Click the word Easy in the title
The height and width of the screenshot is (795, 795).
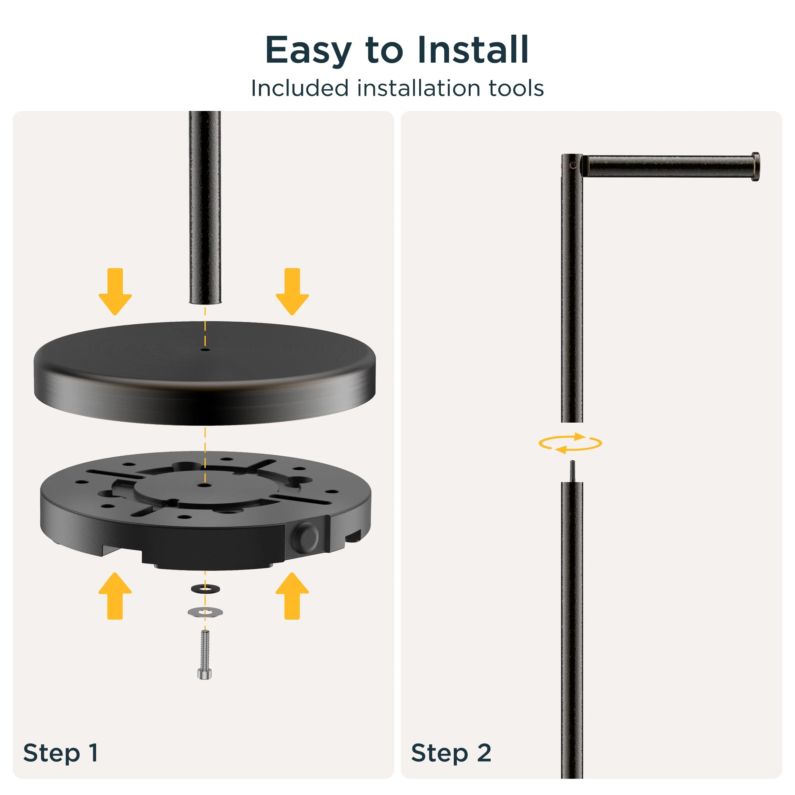[x=308, y=50]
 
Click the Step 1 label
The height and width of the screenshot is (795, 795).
[x=60, y=753]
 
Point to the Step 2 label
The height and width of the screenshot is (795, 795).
[x=451, y=753]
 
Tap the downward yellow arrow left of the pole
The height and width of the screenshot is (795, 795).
[x=115, y=292]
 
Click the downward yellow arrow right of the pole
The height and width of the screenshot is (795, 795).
[x=292, y=292]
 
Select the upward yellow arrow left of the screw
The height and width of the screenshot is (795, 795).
[x=115, y=595]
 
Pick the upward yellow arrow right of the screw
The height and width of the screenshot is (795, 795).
[x=292, y=595]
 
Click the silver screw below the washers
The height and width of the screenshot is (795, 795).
[x=204, y=654]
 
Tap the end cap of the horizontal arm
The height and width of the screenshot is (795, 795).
[x=756, y=167]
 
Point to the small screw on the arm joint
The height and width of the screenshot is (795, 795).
[x=573, y=165]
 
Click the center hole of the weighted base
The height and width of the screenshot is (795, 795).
[x=204, y=486]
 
